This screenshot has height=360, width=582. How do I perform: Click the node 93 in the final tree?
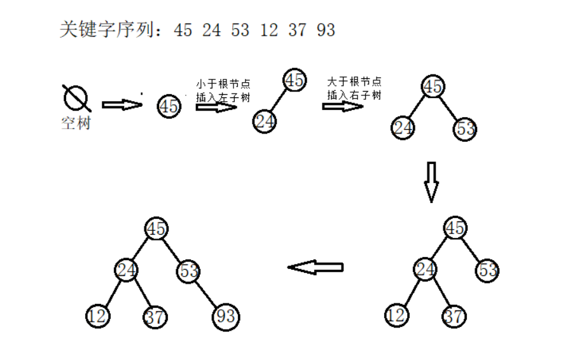coord(226,316)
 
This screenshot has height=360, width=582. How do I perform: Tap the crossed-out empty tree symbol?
coord(76,98)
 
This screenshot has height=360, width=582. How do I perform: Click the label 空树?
coord(76,123)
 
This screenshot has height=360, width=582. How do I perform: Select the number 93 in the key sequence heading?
coord(326,30)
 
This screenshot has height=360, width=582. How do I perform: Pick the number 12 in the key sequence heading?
coord(269,30)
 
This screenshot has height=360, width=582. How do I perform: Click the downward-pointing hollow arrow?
coord(431,181)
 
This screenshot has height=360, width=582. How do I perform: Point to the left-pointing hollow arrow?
coord(315,267)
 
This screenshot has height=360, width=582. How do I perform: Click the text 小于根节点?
coord(224,83)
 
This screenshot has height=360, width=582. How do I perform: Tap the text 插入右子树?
coord(354,95)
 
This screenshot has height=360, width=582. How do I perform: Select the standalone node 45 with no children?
coord(169,106)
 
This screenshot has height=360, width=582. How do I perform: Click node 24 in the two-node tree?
coord(264,120)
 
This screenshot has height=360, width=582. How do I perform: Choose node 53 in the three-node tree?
coord(466,129)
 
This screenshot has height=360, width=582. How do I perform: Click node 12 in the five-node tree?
coord(396,315)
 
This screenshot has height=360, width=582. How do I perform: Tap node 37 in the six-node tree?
coord(155,316)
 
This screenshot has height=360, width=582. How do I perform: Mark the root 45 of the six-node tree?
coord(156,228)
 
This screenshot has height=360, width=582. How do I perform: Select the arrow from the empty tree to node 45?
coord(122,105)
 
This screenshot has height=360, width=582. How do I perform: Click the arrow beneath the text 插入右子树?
coord(342,106)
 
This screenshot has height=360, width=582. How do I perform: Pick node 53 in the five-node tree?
coord(487,270)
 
